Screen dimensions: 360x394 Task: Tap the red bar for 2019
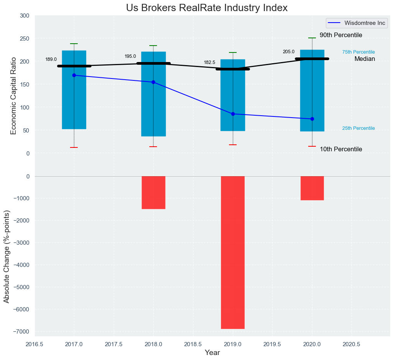pyautogui.click(x=233, y=252)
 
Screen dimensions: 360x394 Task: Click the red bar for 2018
pyautogui.click(x=154, y=192)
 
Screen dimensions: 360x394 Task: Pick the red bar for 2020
pyautogui.click(x=312, y=188)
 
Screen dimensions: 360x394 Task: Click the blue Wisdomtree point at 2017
pyautogui.click(x=74, y=75)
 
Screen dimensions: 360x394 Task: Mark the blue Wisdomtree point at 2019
pyautogui.click(x=233, y=114)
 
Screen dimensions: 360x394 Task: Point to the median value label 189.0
pyautogui.click(x=51, y=59)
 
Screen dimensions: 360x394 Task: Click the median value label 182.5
pyautogui.click(x=209, y=62)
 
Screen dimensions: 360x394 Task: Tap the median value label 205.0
pyautogui.click(x=289, y=52)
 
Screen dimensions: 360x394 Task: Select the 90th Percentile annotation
pyautogui.click(x=341, y=35)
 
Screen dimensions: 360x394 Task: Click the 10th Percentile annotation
pyautogui.click(x=341, y=149)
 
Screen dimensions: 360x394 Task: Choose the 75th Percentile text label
pyautogui.click(x=358, y=52)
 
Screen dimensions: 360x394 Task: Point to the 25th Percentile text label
pyautogui.click(x=358, y=128)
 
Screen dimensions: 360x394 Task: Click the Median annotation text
pyautogui.click(x=365, y=59)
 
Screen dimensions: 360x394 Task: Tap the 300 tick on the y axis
pyautogui.click(x=25, y=16)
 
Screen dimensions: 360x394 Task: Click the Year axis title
pyautogui.click(x=212, y=353)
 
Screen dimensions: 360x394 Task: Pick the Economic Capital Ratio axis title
pyautogui.click(x=14, y=96)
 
